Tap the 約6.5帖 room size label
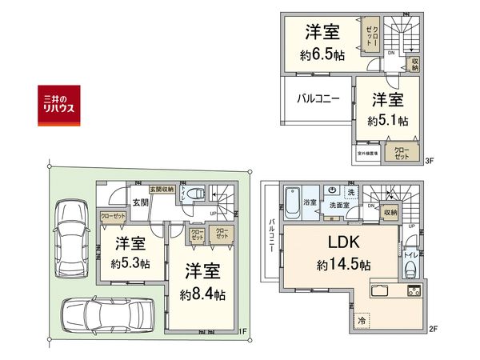pyautogui.click(x=322, y=55)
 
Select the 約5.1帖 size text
pyautogui.click(x=389, y=121)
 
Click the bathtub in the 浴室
pyautogui.click(x=292, y=198)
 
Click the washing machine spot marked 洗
pyautogui.click(x=350, y=193)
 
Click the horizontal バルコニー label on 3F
pyautogui.click(x=319, y=100)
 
